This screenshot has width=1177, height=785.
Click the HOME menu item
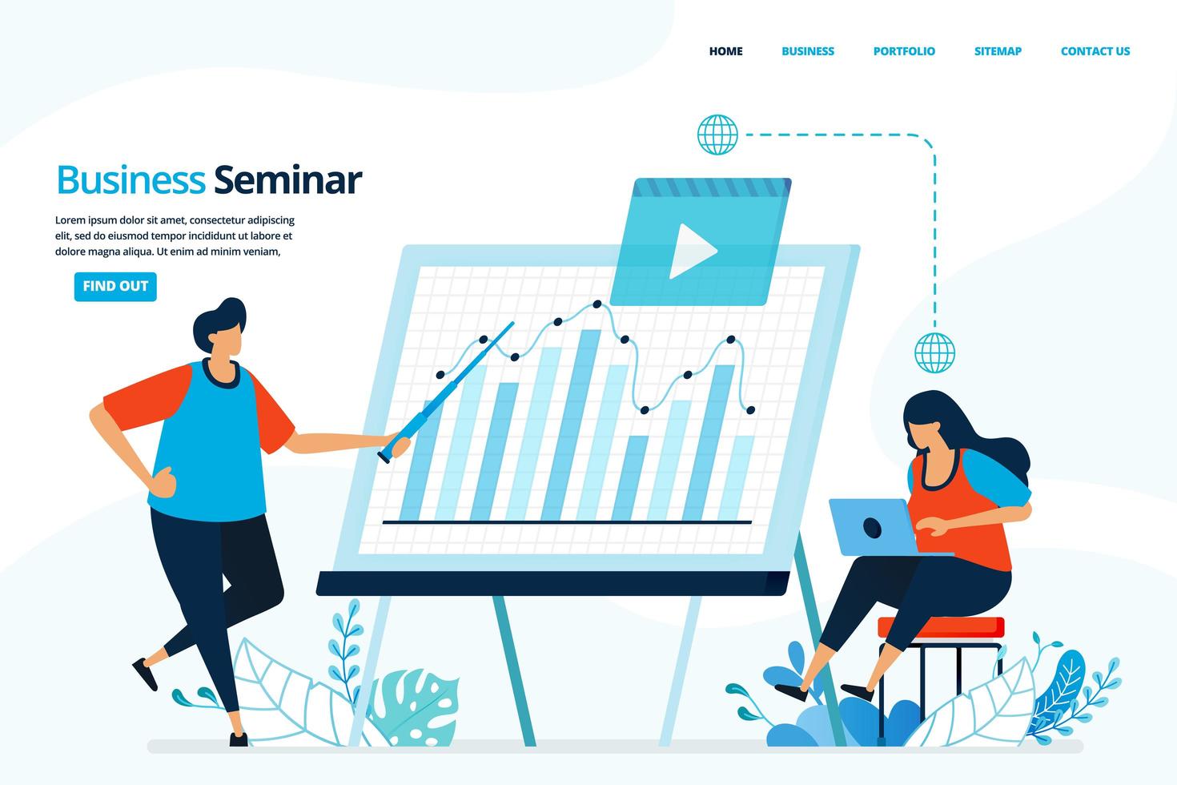pyautogui.click(x=725, y=51)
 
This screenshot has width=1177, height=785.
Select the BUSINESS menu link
pyautogui.click(x=808, y=51)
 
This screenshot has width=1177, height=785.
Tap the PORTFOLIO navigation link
pyautogui.click(x=904, y=51)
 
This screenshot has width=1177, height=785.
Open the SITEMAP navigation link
pyautogui.click(x=998, y=51)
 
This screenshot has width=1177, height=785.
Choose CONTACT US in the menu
pyautogui.click(x=1095, y=51)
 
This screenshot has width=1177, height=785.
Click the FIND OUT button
pyautogui.click(x=115, y=287)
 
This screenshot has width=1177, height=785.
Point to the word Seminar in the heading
pyautogui.click(x=288, y=179)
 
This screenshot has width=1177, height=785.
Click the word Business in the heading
pyautogui.click(x=131, y=179)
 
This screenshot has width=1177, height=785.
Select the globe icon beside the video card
pyautogui.click(x=717, y=135)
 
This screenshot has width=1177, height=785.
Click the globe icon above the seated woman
pyautogui.click(x=934, y=352)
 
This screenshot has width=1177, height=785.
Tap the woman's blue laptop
pyautogui.click(x=875, y=527)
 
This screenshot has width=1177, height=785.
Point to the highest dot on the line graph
pyautogui.click(x=597, y=304)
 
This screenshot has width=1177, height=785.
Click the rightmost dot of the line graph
pyautogui.click(x=750, y=409)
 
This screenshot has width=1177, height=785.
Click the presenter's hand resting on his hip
pyautogui.click(x=163, y=483)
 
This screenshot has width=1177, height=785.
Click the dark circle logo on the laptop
pyautogui.click(x=872, y=527)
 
